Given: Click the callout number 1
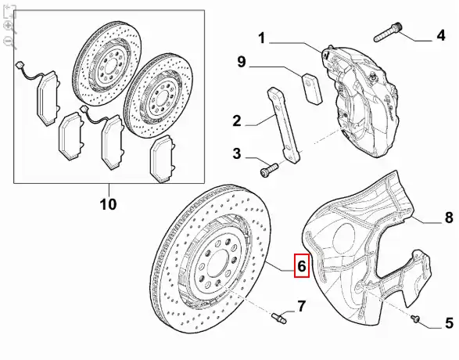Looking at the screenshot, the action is (x=261, y=38).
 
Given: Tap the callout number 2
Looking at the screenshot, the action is (x=237, y=121).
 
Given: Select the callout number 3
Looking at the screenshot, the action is (x=237, y=153).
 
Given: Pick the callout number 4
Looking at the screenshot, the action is (x=440, y=35).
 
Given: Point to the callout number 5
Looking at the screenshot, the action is (x=450, y=323).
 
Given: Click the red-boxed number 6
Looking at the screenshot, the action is (x=302, y=265).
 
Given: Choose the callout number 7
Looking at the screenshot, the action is (x=301, y=306).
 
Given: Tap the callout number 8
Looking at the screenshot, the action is (x=449, y=218).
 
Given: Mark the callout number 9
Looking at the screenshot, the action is (x=242, y=62).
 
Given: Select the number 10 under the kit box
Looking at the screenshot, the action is (x=109, y=204).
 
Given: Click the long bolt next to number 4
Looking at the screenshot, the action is (x=388, y=33).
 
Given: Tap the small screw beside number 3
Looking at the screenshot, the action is (x=268, y=170).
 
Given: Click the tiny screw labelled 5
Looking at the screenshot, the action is (x=415, y=319).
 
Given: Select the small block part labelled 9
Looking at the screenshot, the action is (x=312, y=88).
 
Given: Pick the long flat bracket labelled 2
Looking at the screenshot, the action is (x=283, y=124).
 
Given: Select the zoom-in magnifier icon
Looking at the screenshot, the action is (x=9, y=27).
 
